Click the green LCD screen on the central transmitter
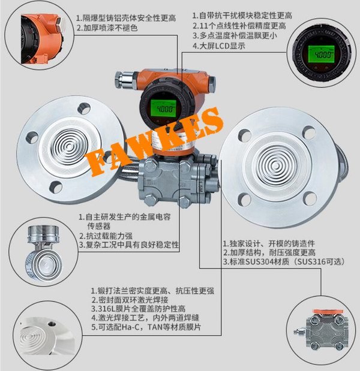pyautogui.click(x=164, y=108)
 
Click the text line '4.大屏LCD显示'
pyautogui.click(x=219, y=46)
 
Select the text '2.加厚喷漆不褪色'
pyautogui.click(x=107, y=28)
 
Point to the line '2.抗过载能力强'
pyautogui.click(x=106, y=236)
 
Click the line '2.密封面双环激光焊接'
pyautogui.click(x=130, y=300)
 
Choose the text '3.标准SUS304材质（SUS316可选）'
pyautogui.click(x=283, y=262)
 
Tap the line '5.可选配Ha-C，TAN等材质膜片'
pyautogui.click(x=146, y=327)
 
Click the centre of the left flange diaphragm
pyautogui.click(x=69, y=147)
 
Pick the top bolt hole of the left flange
pyautogui.click(x=84, y=108)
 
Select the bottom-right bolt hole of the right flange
pyautogui.click(x=310, y=199)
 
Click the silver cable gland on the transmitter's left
pyautogui.click(x=125, y=80)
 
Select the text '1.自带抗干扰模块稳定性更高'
pyautogui.click(x=242, y=16)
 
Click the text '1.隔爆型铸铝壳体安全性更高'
pyautogui.click(x=126, y=18)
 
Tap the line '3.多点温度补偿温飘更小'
pyautogui.click(x=235, y=36)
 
